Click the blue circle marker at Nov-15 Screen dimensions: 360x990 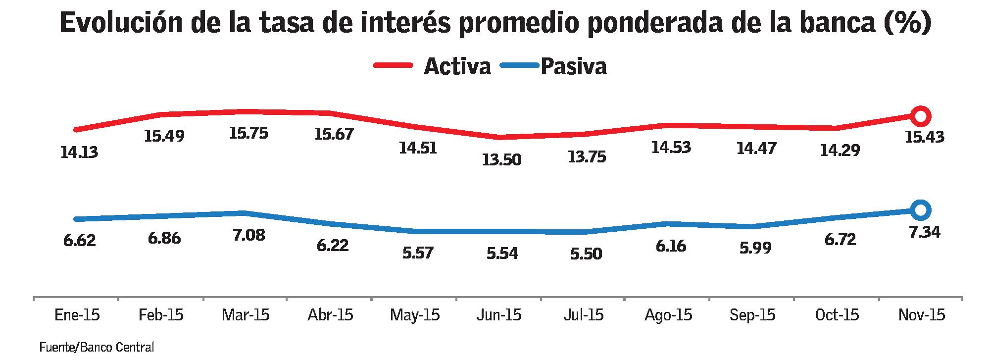point(920,210)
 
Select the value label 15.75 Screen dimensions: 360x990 point(248,133)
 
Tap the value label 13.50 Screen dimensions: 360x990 point(502,160)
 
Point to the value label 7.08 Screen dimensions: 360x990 point(248,235)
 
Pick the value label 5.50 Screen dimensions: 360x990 point(586,254)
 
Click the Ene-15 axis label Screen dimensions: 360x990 point(77,315)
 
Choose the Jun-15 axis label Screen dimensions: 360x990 point(498,315)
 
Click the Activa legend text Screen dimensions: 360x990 point(457,66)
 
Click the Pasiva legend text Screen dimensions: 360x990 point(573,66)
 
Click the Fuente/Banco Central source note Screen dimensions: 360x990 point(97,348)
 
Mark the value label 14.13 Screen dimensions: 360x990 point(79,153)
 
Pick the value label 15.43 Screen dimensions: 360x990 point(924,137)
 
